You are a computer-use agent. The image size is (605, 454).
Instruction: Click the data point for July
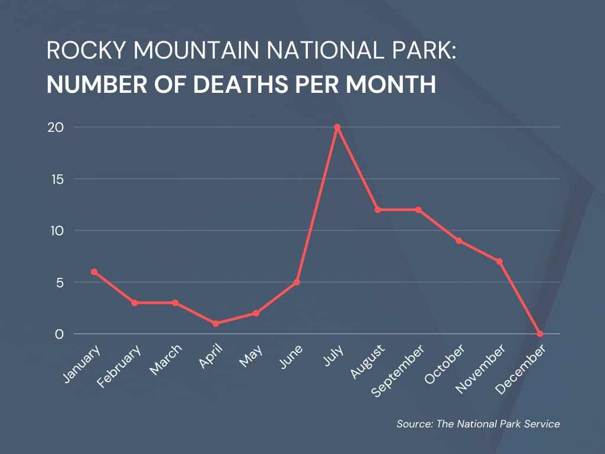(x=337, y=127)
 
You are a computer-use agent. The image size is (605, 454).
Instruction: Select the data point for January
(x=94, y=271)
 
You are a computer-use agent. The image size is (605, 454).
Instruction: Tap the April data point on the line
(x=216, y=323)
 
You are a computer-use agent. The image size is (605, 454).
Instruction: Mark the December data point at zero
(x=540, y=334)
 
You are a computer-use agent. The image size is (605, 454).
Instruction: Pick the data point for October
(x=459, y=241)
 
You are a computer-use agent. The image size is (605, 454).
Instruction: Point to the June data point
(x=297, y=282)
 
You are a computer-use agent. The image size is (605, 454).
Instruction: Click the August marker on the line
(x=378, y=210)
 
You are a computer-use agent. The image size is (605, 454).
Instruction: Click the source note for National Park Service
(x=478, y=423)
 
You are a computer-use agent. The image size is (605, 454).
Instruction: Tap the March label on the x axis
(x=165, y=360)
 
